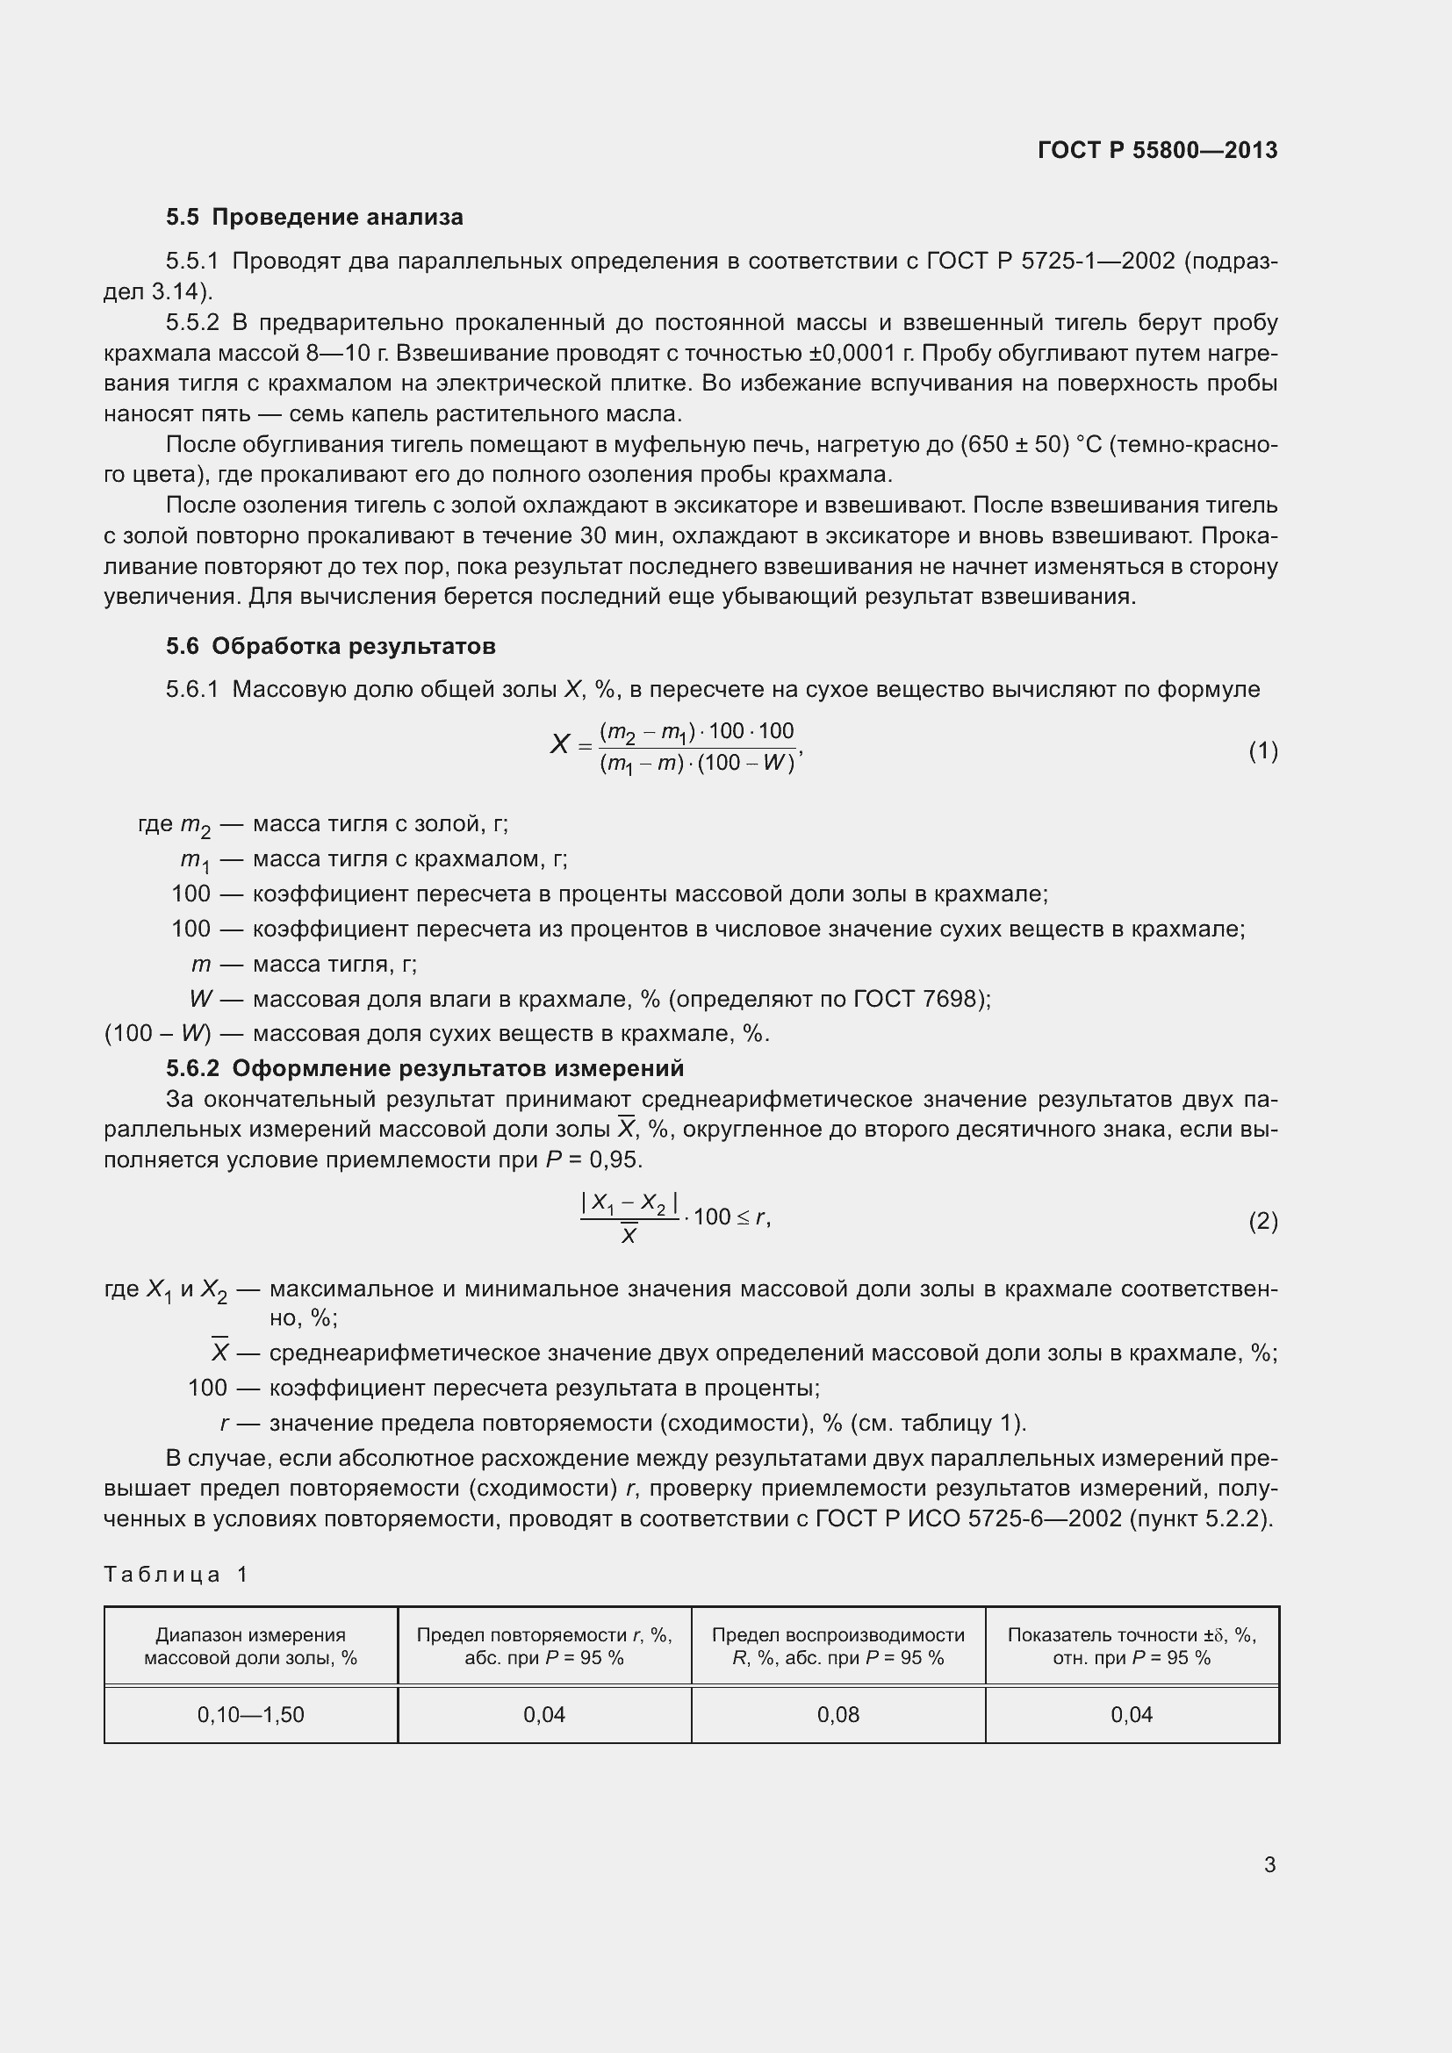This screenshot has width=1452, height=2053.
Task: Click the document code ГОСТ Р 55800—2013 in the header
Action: (1157, 150)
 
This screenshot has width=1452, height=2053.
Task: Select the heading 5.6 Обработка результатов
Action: (330, 646)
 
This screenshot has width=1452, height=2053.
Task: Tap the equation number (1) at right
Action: (1262, 751)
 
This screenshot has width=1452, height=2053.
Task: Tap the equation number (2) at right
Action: (1262, 1221)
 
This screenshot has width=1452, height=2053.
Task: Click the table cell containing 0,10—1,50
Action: (250, 1714)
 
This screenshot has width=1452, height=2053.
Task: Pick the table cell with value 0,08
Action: (837, 1714)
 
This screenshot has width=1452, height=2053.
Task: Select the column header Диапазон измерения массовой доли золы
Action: (250, 1645)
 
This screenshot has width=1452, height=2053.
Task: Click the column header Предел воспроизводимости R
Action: (837, 1645)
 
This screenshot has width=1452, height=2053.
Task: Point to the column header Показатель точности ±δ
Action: (1131, 1645)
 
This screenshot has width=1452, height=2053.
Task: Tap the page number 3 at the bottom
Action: (1269, 1864)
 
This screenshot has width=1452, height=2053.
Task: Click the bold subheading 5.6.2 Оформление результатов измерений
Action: (425, 1067)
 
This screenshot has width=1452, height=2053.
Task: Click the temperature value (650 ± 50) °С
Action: (1030, 444)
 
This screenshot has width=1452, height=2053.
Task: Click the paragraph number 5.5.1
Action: (192, 261)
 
